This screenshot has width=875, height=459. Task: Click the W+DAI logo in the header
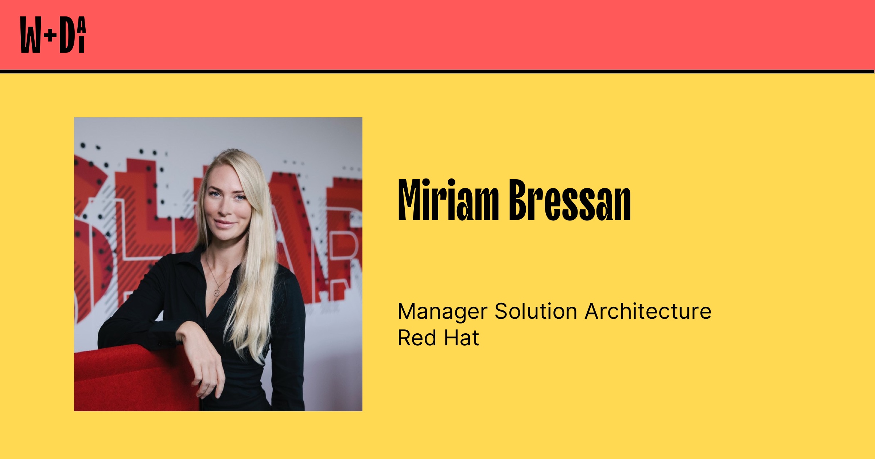tap(53, 35)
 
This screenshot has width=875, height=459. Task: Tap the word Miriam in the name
tap(448, 200)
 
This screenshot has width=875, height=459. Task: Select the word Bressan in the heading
tap(570, 200)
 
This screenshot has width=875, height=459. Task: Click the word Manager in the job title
tap(442, 312)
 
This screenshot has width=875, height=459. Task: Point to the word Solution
tap(536, 311)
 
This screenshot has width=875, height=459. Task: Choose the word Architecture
tap(648, 311)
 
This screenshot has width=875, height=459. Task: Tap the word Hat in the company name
tap(461, 338)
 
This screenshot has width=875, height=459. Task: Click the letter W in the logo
tap(31, 35)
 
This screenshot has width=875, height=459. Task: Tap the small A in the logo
tap(82, 25)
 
